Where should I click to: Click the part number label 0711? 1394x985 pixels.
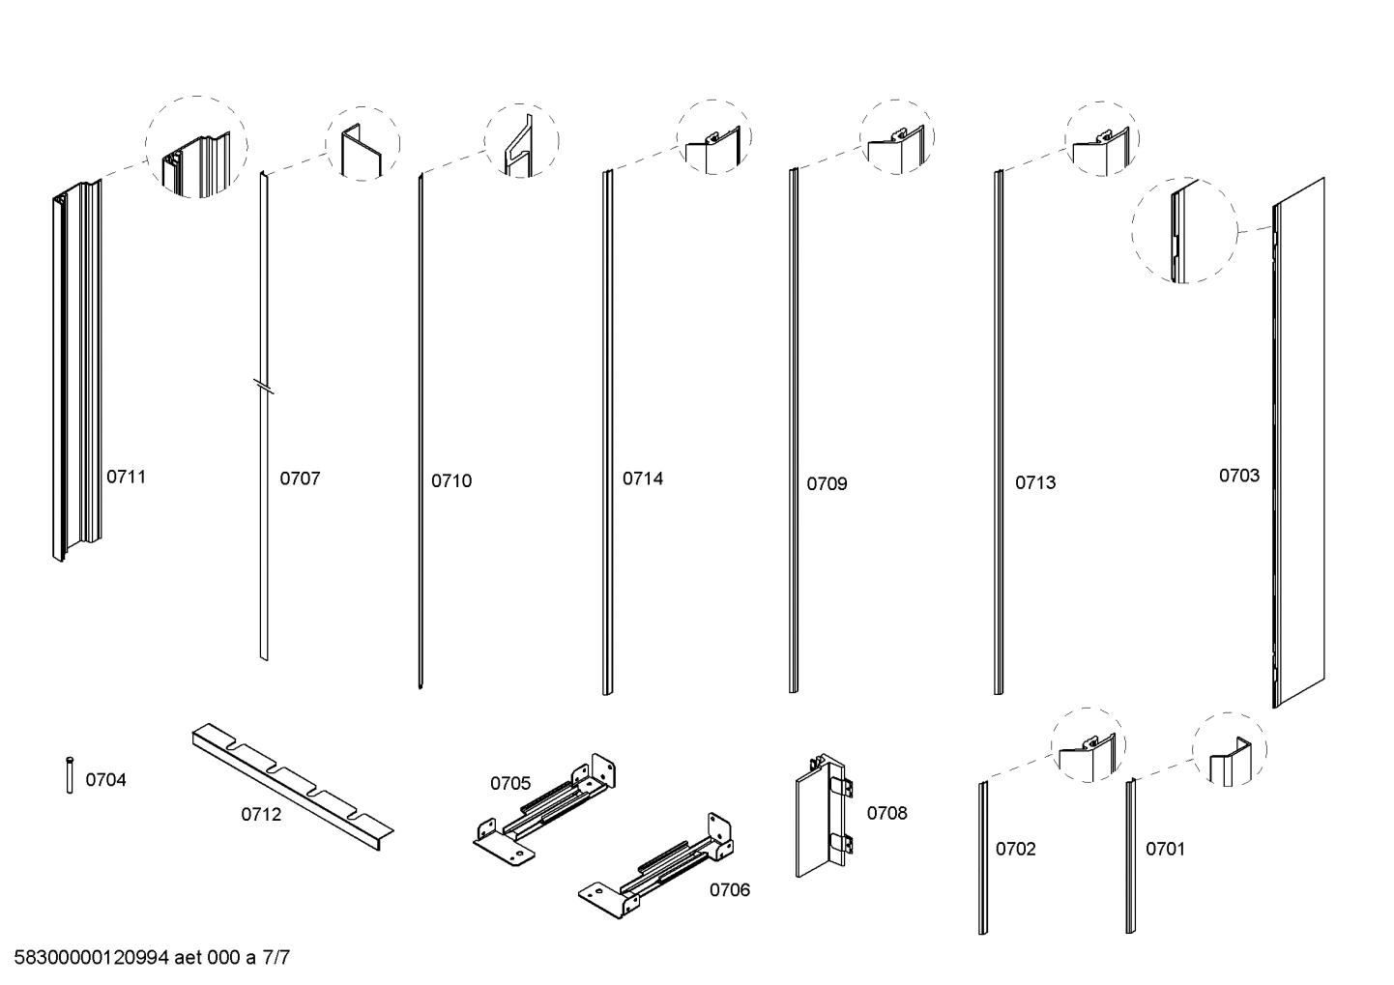point(126,477)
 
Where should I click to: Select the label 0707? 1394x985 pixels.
point(300,478)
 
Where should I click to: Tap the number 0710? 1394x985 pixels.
point(451,480)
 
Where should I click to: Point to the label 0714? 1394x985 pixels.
point(643,478)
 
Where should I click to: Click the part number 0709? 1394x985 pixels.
point(827,483)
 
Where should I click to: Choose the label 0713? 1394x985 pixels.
point(1035,482)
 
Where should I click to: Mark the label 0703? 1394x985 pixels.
point(1238,476)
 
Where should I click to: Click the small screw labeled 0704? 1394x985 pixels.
point(70,775)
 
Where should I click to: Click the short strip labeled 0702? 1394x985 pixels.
point(983,856)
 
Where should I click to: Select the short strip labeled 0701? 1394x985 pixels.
point(1130,856)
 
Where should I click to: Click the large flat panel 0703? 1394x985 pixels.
point(1298,445)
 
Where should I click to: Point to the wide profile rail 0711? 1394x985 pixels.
point(75,372)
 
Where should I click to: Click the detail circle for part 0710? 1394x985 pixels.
point(521,140)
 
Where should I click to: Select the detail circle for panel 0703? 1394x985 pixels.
point(1184,230)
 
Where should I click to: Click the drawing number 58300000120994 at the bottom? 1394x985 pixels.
point(92,959)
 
